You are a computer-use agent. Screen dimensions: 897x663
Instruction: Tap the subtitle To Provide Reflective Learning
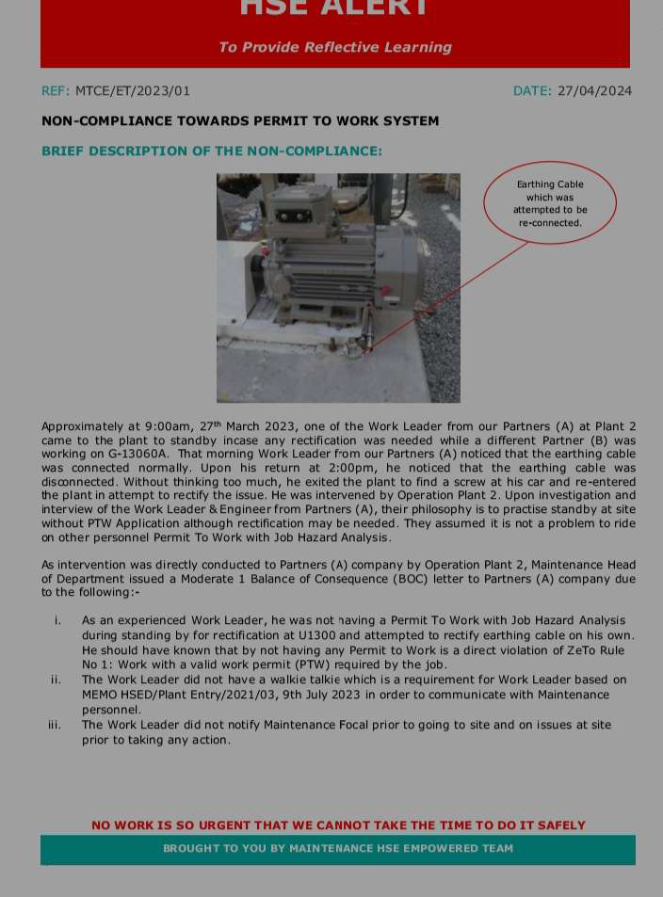click(334, 47)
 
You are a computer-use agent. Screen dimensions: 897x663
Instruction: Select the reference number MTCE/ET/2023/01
click(133, 91)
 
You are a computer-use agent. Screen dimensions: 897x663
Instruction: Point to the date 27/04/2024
click(594, 91)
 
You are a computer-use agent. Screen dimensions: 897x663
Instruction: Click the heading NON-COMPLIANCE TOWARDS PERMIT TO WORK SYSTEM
click(240, 121)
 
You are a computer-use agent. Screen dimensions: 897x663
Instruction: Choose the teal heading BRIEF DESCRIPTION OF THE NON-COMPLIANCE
click(212, 152)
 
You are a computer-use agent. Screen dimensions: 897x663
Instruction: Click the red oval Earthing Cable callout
click(550, 203)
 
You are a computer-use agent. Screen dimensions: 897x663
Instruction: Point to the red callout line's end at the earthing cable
click(368, 349)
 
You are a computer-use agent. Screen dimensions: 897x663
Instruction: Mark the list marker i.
click(57, 621)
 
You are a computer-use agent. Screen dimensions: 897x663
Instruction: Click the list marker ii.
click(57, 680)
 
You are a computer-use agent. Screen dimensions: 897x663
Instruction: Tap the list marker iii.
click(55, 725)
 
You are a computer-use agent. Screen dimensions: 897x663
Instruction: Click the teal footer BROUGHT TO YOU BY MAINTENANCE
click(338, 848)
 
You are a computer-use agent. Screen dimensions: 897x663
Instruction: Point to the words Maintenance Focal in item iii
click(303, 725)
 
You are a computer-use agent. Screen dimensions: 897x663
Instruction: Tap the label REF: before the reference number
click(56, 91)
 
